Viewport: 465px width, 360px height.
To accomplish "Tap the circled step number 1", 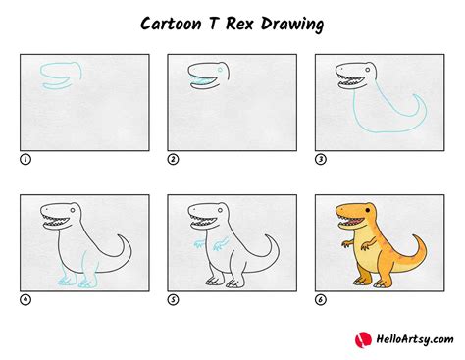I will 25,158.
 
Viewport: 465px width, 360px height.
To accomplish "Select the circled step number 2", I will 173,158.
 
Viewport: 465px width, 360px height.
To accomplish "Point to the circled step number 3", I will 320,158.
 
